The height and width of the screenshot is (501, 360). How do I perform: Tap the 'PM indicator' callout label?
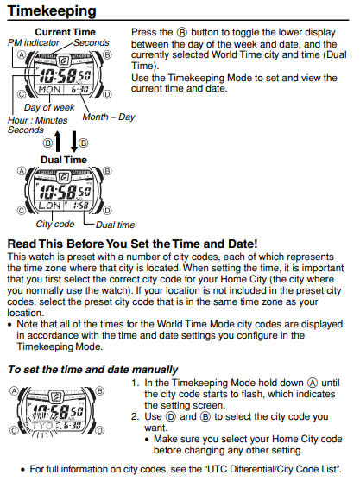[x=28, y=42]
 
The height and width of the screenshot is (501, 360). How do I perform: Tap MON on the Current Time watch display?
[x=49, y=88]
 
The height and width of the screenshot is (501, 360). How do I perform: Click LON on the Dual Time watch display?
[x=49, y=205]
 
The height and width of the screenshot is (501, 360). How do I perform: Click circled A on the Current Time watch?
[x=19, y=54]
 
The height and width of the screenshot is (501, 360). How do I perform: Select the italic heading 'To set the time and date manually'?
[x=92, y=370]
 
